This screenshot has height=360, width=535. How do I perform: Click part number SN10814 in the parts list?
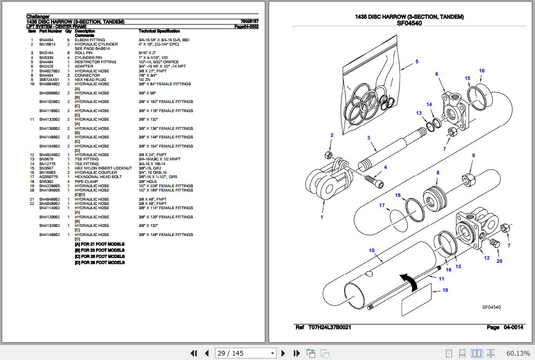(x=46, y=44)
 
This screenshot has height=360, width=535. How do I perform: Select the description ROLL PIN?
(x=83, y=53)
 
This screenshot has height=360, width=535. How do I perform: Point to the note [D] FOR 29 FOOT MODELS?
(x=100, y=262)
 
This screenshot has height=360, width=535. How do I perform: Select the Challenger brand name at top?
(x=39, y=17)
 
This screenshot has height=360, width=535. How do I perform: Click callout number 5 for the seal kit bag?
(x=416, y=62)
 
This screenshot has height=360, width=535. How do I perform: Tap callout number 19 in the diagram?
(x=444, y=290)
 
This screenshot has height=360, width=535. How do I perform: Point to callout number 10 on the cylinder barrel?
(x=371, y=251)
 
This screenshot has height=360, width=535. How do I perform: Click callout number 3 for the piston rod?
(x=368, y=138)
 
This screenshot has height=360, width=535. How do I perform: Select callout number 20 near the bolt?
(x=499, y=261)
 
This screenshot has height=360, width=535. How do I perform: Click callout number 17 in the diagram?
(x=382, y=205)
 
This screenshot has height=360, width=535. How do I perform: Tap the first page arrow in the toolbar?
(x=195, y=353)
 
